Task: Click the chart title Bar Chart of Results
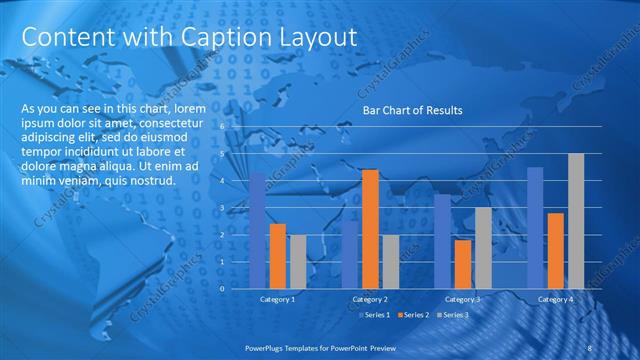[x=412, y=110]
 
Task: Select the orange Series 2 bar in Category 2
[x=370, y=229]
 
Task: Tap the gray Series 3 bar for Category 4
[x=576, y=221]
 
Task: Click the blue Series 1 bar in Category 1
[x=258, y=230]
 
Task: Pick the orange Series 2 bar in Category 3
[x=462, y=264]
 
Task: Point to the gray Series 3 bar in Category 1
[x=298, y=261]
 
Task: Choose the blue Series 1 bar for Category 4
[x=535, y=227]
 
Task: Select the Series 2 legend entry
[x=413, y=315]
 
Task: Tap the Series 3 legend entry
[x=451, y=315]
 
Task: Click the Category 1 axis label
[x=277, y=299]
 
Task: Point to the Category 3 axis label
[x=462, y=299]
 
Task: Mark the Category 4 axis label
[x=555, y=299]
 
